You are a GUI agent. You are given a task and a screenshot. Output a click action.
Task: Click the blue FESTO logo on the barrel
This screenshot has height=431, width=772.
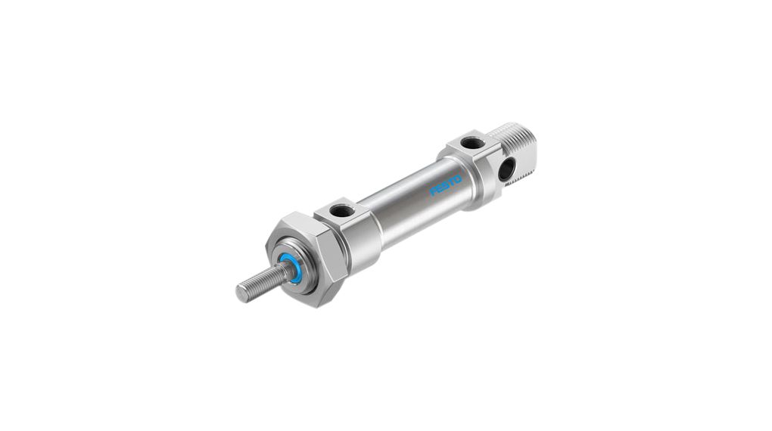tap(446, 184)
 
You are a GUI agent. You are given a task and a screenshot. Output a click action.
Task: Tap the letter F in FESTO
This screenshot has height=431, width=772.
tap(434, 191)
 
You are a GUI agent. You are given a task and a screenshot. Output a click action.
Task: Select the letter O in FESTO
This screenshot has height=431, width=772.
tap(458, 178)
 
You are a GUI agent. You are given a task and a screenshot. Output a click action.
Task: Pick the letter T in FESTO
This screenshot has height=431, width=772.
tap(452, 181)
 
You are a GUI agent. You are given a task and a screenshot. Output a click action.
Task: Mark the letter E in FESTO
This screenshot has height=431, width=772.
tap(440, 188)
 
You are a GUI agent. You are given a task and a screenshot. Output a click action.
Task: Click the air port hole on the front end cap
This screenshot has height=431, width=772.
tap(340, 211)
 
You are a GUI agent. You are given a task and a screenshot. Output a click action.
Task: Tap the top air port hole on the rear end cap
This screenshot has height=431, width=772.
tap(472, 143)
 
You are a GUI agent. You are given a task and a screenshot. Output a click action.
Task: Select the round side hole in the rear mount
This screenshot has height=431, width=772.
tap(506, 169)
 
